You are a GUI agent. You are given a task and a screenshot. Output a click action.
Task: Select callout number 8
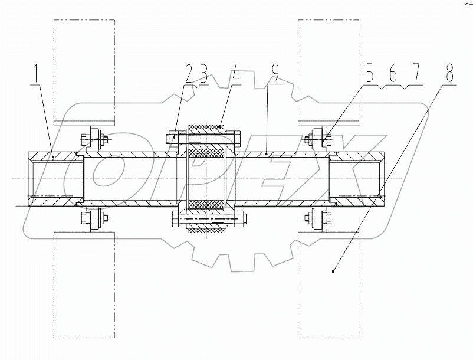point(449,74)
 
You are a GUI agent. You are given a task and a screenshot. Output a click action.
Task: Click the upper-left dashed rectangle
point(83,71)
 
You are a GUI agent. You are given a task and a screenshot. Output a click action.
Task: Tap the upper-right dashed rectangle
point(327,71)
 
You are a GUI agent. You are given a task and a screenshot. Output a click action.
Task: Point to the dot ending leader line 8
point(333,271)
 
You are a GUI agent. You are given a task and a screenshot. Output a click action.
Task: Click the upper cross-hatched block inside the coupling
point(206,158)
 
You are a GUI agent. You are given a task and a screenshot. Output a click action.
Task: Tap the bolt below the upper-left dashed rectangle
point(93,140)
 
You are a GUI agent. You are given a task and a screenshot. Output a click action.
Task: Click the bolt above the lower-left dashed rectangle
point(93,221)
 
